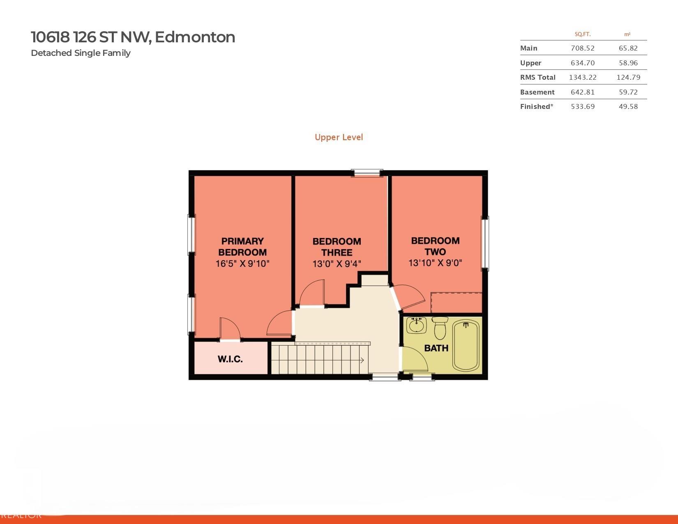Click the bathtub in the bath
point(466,346)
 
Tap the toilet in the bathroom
point(440,328)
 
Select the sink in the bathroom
point(416,325)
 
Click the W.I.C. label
point(230,359)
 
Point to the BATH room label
point(436,348)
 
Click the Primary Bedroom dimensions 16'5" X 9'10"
point(242,264)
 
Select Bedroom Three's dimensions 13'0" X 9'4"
point(337,264)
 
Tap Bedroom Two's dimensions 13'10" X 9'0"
point(435,263)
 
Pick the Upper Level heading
point(339,137)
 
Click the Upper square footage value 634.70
point(583,63)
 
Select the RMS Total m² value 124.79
point(628,77)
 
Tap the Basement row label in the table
point(537,92)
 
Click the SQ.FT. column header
point(583,35)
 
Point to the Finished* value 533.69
point(583,106)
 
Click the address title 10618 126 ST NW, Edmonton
point(133,37)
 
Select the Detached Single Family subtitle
point(81,53)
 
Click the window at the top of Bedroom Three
point(367,173)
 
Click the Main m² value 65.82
point(628,48)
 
